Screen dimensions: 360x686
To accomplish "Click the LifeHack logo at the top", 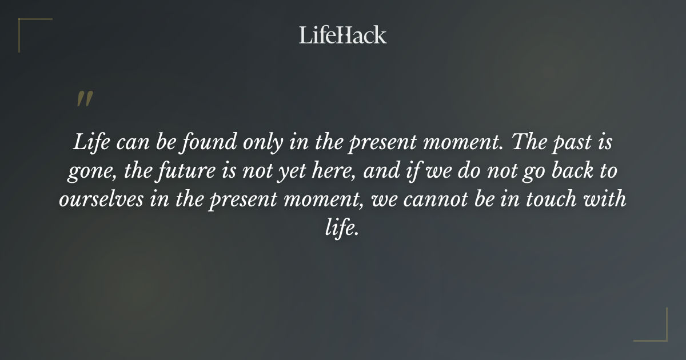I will point(343,35).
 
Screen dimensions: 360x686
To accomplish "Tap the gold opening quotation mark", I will point(85,99).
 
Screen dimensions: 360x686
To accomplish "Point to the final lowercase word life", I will point(341,229).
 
